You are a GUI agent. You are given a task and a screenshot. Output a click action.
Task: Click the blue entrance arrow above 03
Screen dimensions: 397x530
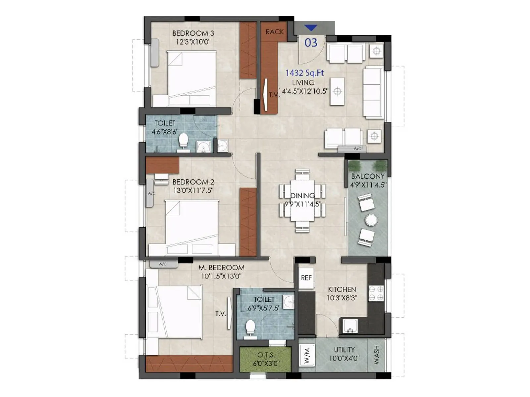[x=311, y=28]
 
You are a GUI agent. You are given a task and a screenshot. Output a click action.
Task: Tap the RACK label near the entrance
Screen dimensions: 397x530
[x=275, y=32]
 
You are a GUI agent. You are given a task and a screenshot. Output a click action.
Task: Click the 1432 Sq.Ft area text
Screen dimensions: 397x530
[x=305, y=73]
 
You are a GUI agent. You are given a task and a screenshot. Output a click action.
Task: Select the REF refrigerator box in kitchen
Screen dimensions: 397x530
[x=306, y=278]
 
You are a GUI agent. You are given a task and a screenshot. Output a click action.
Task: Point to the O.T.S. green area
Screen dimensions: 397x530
[x=266, y=359]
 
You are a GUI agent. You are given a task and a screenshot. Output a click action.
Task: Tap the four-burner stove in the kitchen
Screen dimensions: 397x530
[x=376, y=293]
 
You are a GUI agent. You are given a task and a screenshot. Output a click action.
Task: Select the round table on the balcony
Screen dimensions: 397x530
[x=371, y=220]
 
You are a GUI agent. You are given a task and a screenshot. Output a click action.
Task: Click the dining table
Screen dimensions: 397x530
[x=302, y=200]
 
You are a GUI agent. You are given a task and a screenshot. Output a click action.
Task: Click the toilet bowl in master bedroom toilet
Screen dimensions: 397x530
[x=250, y=327]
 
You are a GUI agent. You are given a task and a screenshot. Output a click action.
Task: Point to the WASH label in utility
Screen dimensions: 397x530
[x=377, y=355]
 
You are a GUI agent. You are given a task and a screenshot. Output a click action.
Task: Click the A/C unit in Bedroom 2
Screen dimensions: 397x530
[x=150, y=193]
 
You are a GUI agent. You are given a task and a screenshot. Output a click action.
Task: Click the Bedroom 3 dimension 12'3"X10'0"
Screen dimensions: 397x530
[x=193, y=42]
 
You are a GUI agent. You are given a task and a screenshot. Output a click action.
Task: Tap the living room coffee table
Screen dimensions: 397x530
[x=337, y=91]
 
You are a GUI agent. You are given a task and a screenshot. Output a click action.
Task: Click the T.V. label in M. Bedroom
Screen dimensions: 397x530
[x=221, y=314]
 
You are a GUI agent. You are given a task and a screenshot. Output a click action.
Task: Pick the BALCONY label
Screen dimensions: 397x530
[x=368, y=176]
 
